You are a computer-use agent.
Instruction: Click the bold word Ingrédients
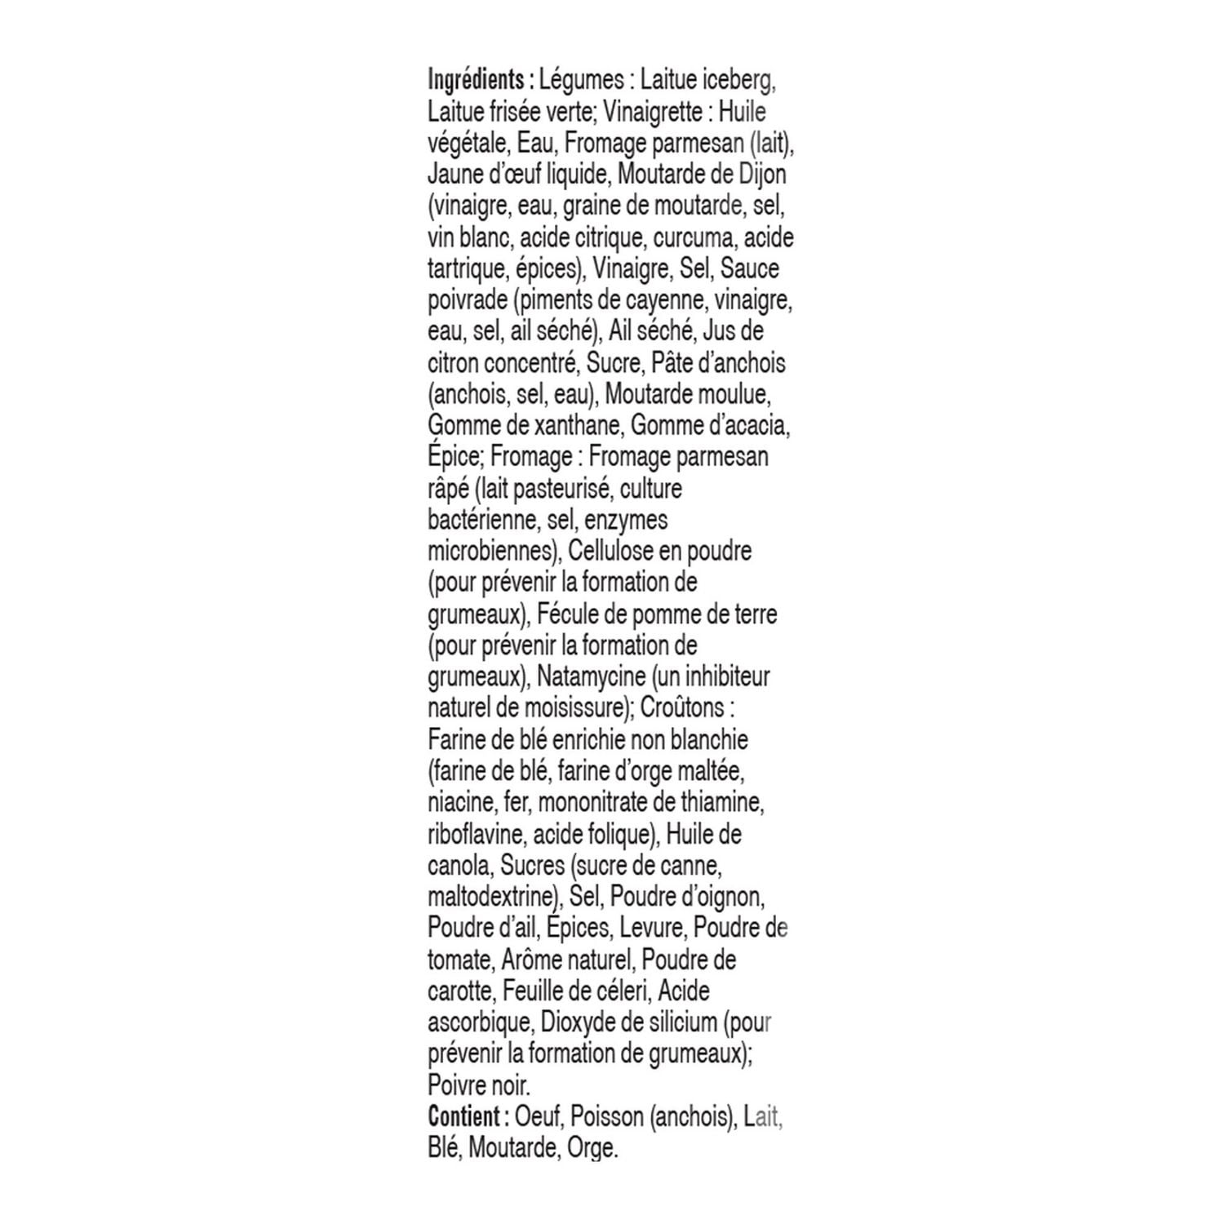click(x=475, y=81)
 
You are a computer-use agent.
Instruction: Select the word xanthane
click(x=580, y=425)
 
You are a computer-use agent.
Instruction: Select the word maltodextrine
click(x=492, y=897)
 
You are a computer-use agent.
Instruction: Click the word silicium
click(x=676, y=1022)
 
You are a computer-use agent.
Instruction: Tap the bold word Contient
click(x=463, y=1117)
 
